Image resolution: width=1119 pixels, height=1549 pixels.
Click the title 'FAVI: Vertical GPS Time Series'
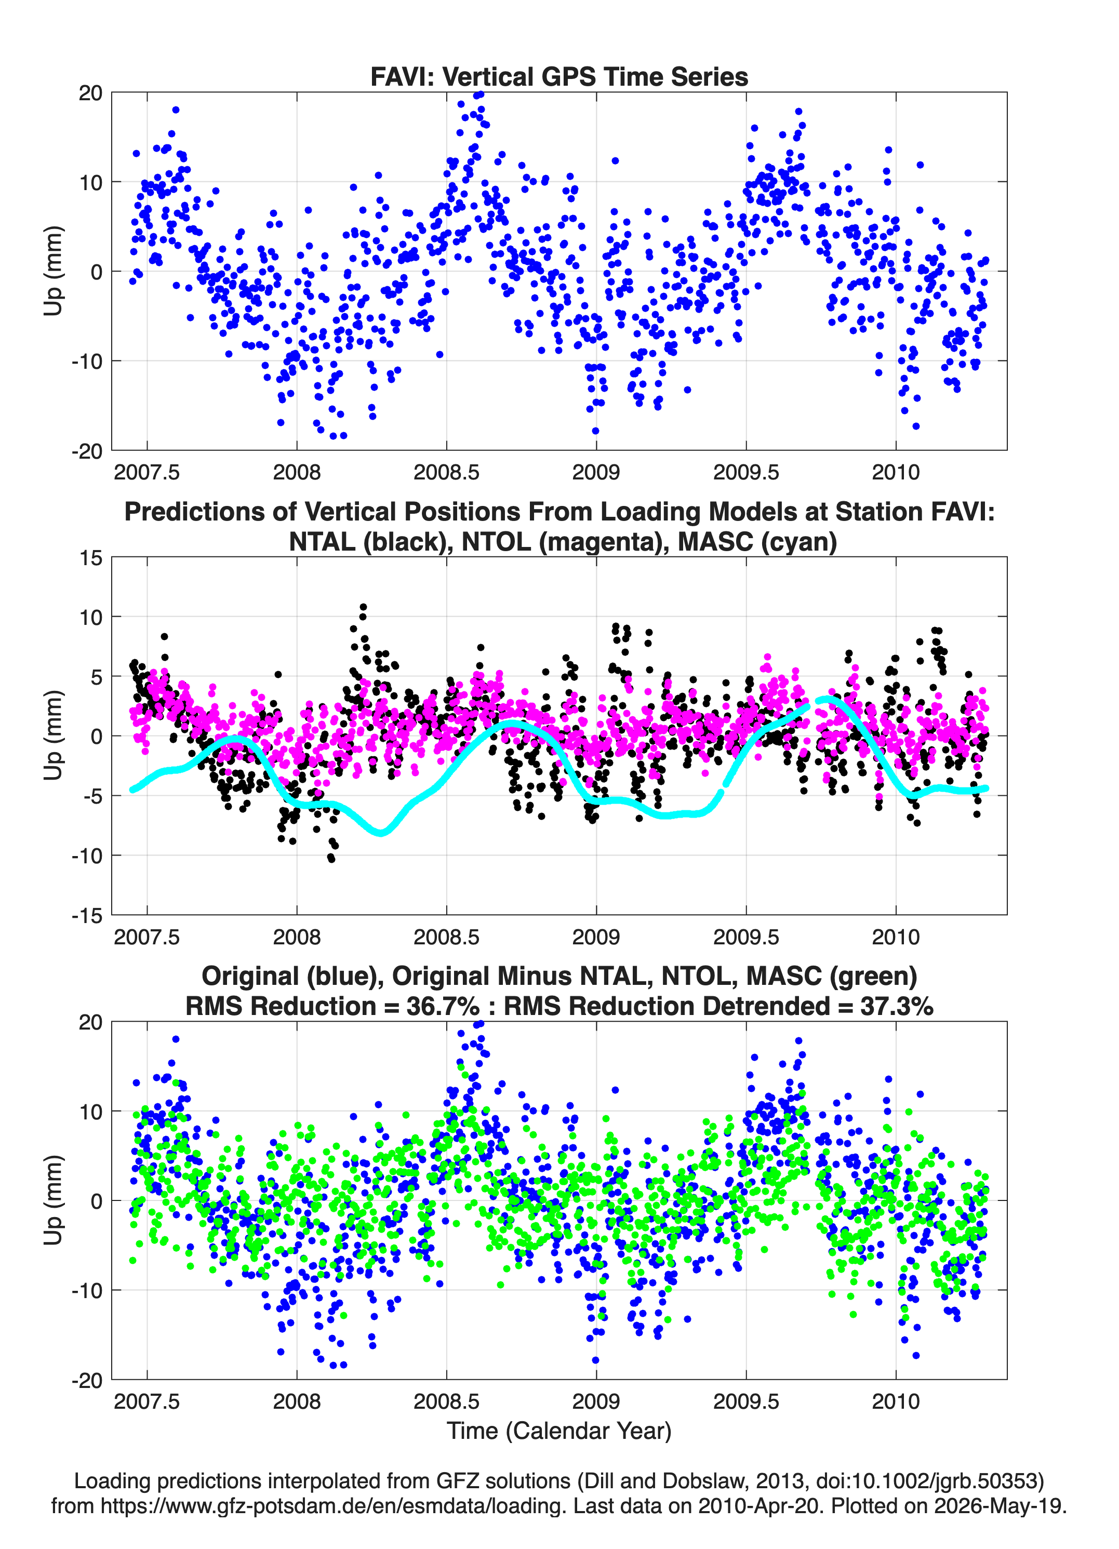tap(559, 76)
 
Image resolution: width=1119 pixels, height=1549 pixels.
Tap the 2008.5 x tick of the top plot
tap(446, 472)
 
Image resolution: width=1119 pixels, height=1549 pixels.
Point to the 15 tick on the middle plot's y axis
tap(91, 557)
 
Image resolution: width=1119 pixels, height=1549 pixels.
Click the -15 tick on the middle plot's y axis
tap(87, 915)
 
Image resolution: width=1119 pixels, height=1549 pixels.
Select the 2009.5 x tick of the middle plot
tap(746, 937)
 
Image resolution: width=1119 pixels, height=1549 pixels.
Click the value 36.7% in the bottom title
tap(443, 1006)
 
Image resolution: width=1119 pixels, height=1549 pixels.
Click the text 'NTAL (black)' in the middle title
tap(366, 542)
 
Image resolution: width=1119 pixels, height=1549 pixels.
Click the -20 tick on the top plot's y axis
tap(87, 451)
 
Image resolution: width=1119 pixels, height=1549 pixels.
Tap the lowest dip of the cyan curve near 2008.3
tap(381, 832)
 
